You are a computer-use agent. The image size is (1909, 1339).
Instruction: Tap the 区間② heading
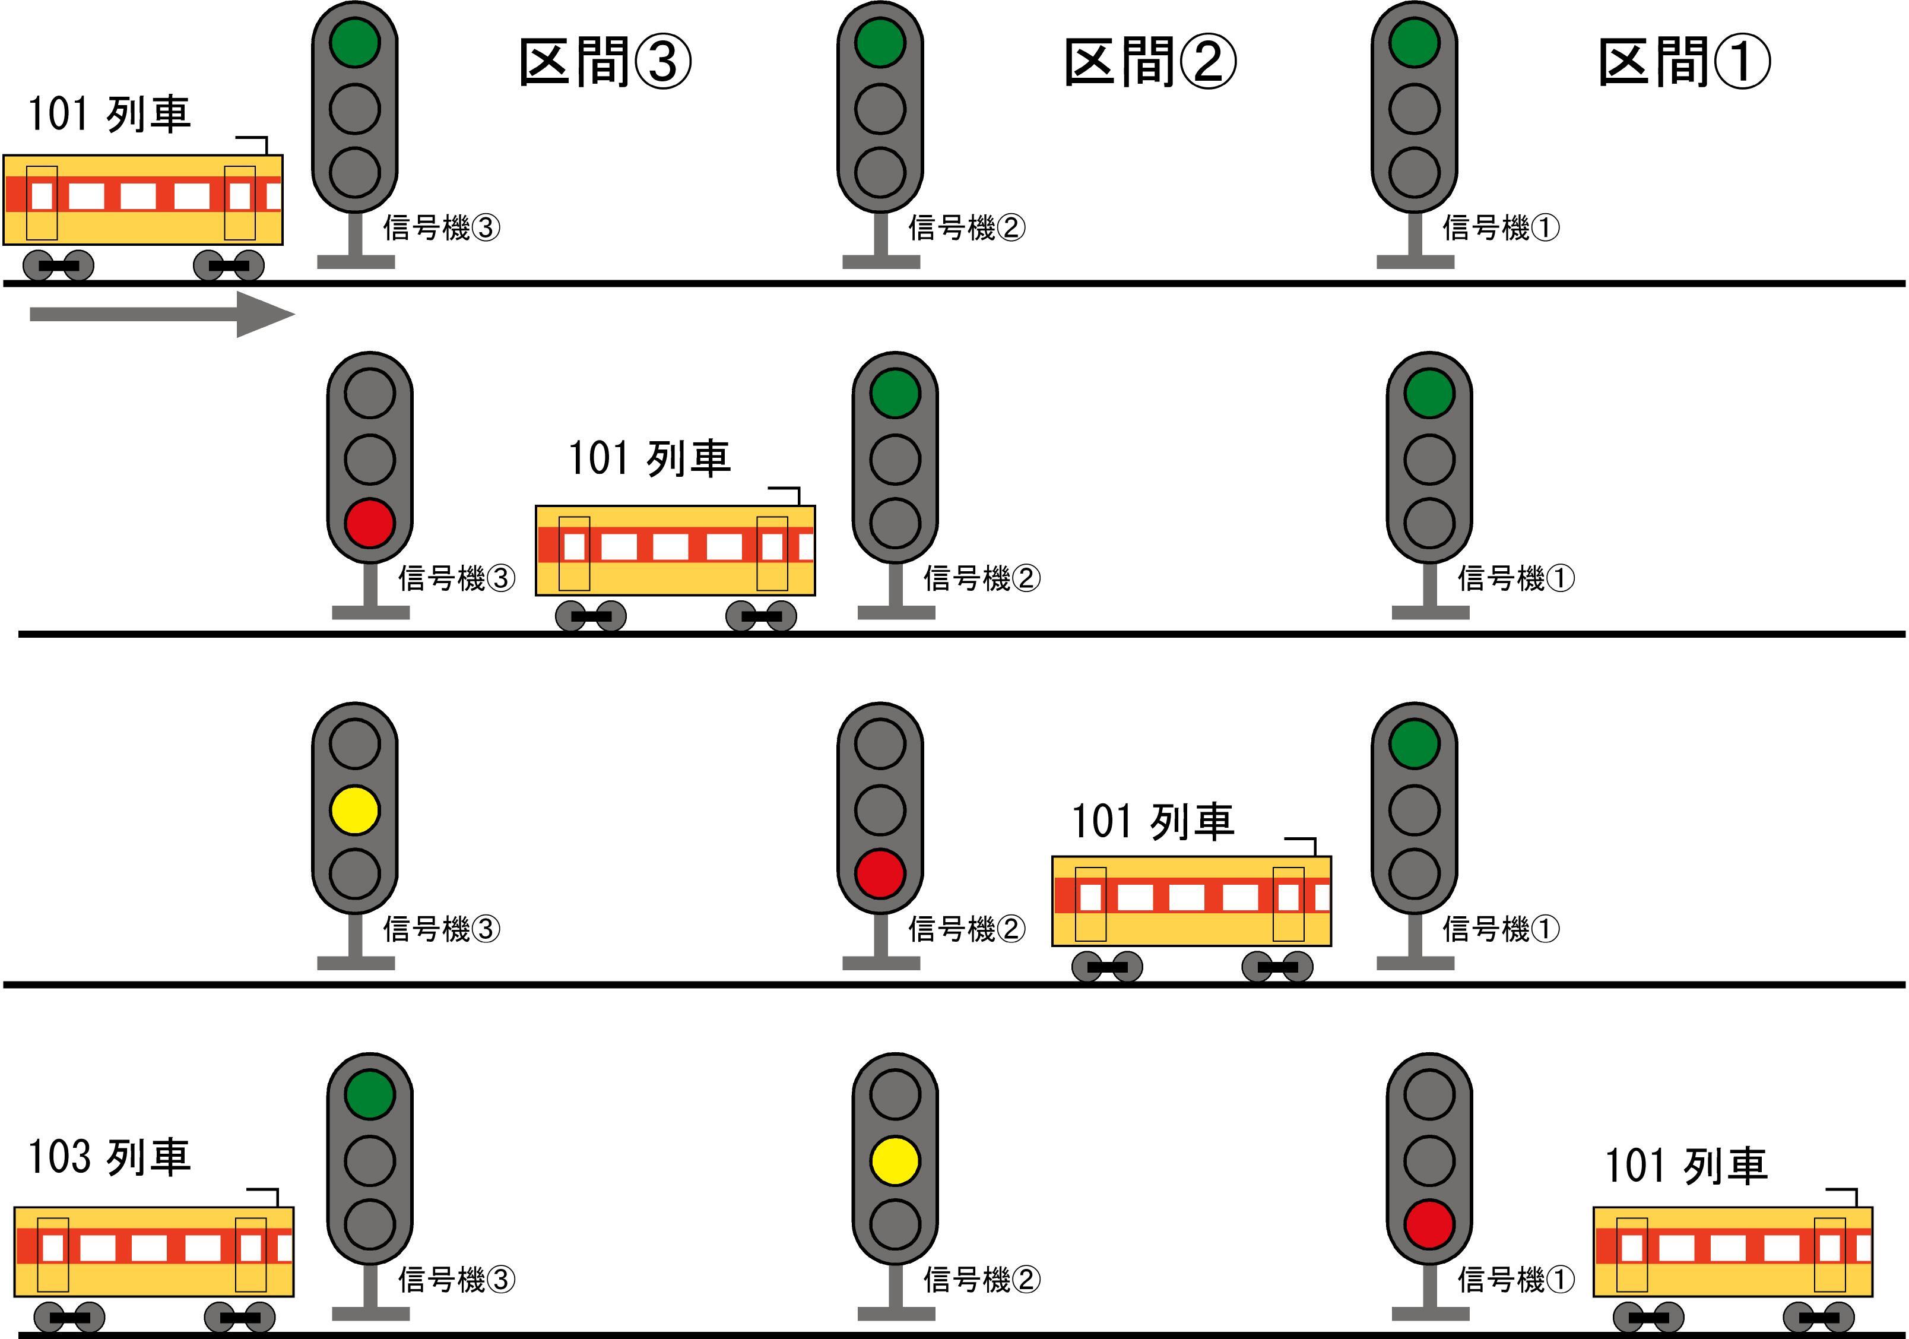click(1150, 62)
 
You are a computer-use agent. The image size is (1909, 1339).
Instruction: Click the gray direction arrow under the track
click(162, 314)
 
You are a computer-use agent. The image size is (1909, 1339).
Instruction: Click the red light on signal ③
click(370, 523)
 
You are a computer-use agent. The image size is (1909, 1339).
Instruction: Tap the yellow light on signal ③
click(355, 810)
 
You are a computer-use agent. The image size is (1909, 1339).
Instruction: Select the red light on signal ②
click(880, 873)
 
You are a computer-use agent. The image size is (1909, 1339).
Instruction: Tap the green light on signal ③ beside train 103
click(370, 1094)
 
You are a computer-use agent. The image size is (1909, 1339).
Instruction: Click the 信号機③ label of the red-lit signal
click(456, 578)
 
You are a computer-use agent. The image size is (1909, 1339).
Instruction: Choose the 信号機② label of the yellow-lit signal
click(982, 1279)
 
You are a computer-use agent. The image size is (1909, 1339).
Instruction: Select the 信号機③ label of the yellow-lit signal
click(442, 929)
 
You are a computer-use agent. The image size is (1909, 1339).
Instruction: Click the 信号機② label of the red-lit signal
click(967, 929)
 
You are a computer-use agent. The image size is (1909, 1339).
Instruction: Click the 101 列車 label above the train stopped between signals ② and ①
click(1152, 822)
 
